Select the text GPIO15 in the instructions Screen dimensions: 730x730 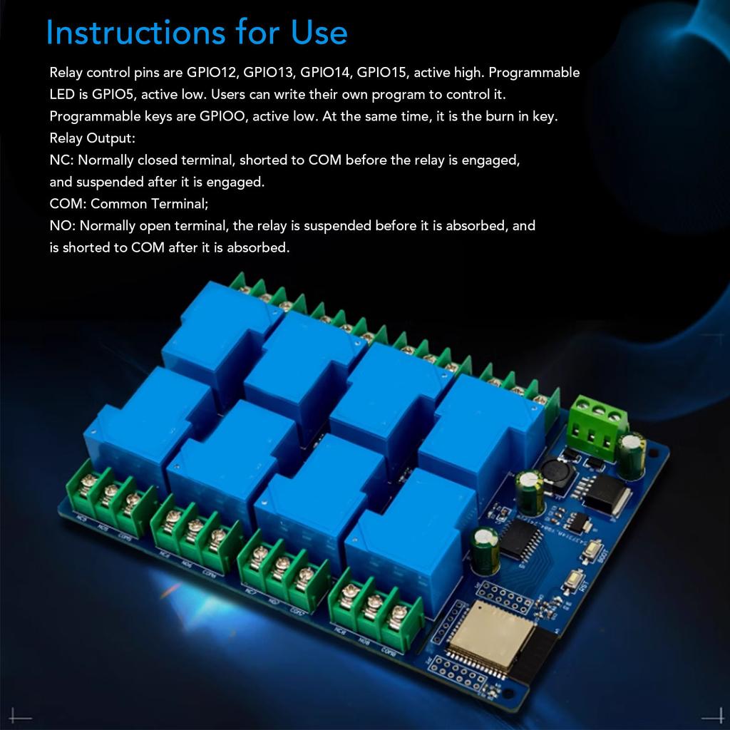pos(381,73)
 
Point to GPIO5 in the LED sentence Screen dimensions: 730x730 pos(113,94)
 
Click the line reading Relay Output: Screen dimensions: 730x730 pos(92,138)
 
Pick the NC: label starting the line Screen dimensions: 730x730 pos(61,160)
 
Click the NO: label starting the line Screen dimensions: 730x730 pos(62,226)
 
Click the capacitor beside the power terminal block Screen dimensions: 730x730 pos(632,454)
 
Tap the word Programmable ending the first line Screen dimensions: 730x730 pos(535,73)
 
